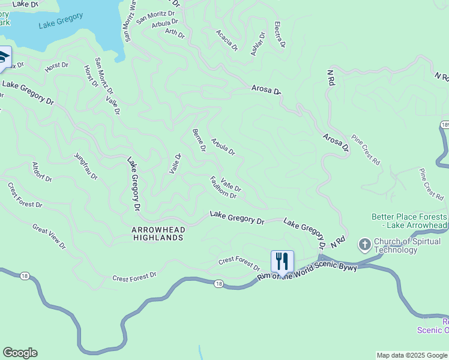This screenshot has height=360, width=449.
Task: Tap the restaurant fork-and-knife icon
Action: [x=282, y=261]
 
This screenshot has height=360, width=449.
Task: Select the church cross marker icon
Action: [x=364, y=245]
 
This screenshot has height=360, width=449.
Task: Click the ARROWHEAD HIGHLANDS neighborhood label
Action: [x=158, y=233]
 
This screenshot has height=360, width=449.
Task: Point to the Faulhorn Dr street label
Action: [x=223, y=187]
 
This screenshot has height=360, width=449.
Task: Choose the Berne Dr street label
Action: [x=199, y=140]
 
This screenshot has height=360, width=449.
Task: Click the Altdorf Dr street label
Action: [x=42, y=171]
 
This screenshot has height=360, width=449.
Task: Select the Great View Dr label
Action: [x=49, y=236]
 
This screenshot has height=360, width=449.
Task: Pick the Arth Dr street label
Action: [x=175, y=34]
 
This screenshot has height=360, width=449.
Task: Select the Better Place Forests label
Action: [x=409, y=221]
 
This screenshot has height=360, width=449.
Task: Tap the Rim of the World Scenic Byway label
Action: [x=307, y=271]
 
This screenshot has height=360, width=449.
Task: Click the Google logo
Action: [x=20, y=353]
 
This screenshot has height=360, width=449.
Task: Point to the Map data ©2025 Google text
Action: [x=412, y=355]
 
